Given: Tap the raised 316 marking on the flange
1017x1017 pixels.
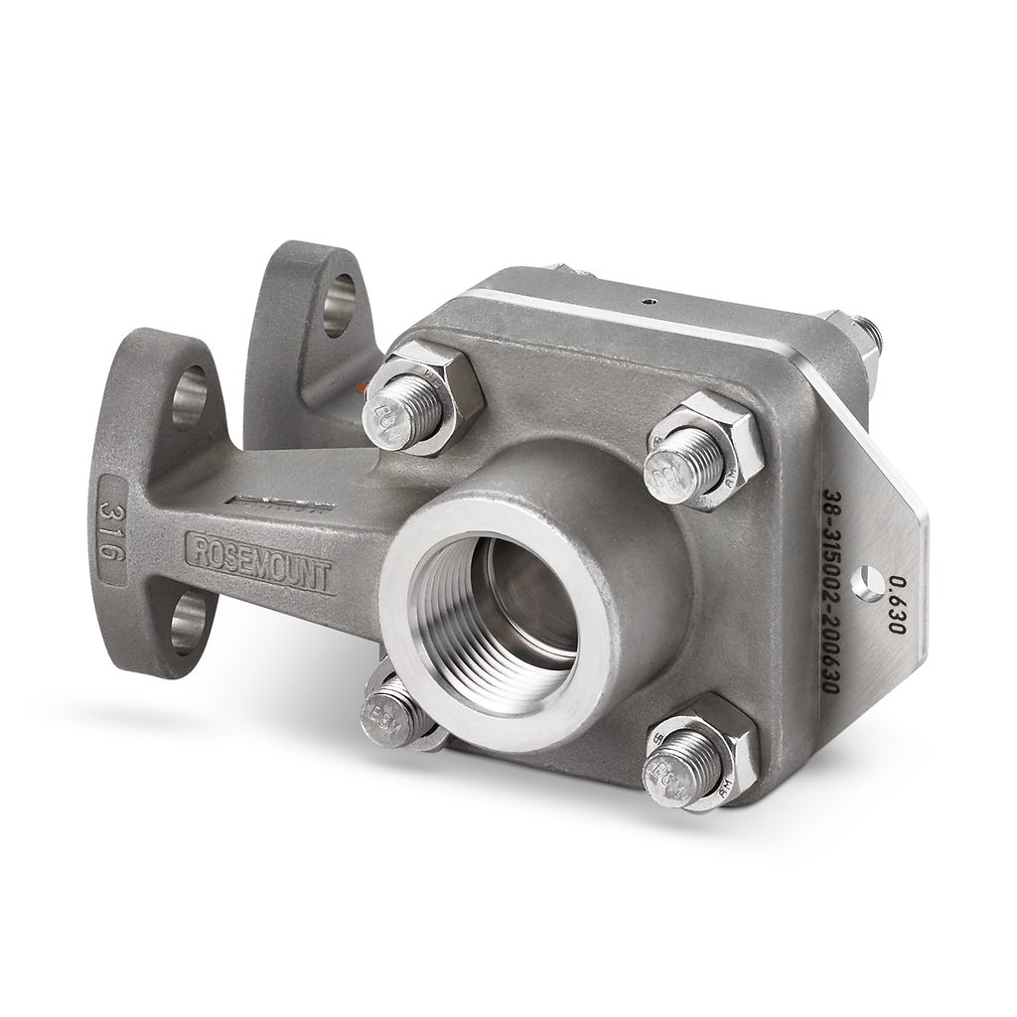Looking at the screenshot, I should pyautogui.click(x=112, y=529).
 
